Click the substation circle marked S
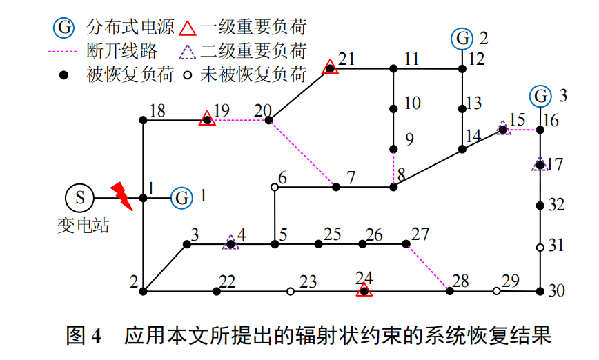(79, 198)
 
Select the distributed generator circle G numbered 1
(182, 198)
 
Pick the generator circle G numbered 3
(540, 95)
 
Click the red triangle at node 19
(206, 119)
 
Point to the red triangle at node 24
(364, 290)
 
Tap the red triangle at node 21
(331, 68)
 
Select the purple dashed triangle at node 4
(230, 243)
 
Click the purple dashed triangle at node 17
(540, 164)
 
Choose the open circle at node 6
(275, 187)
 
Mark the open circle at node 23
(291, 292)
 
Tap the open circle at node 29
(496, 291)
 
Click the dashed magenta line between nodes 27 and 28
(428, 267)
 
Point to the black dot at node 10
(393, 109)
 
